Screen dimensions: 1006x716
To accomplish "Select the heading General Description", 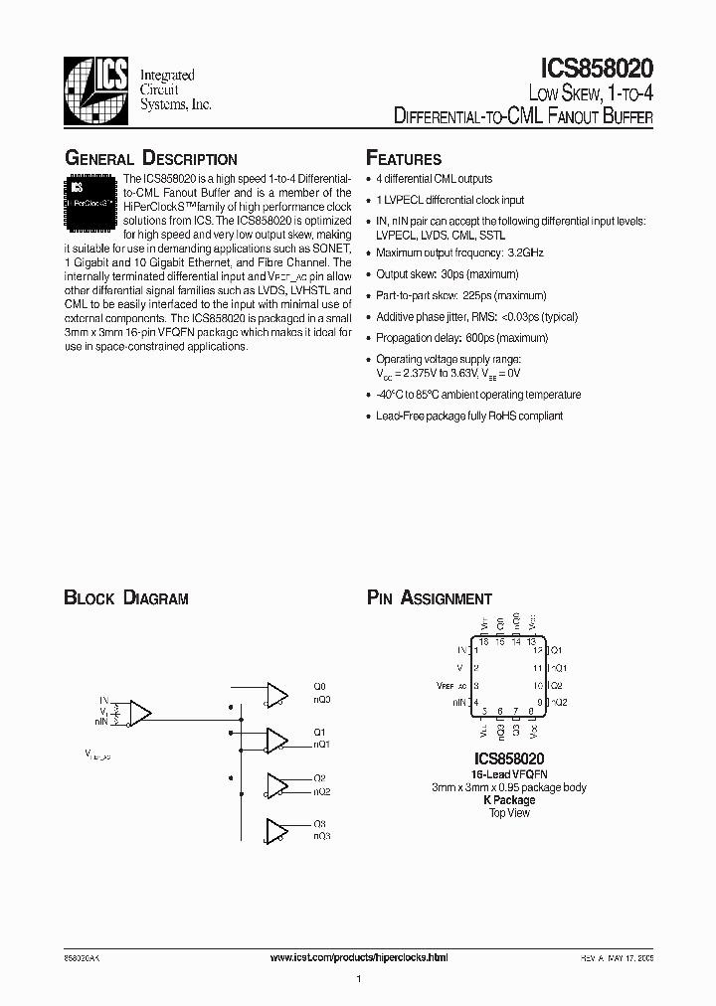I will coord(150,159).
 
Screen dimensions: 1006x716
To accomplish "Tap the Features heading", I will coord(404,159).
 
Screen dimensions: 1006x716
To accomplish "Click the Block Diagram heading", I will coord(126,598).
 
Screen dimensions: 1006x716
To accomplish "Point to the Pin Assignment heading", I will coord(430,598).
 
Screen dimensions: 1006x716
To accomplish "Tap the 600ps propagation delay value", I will coord(475,338).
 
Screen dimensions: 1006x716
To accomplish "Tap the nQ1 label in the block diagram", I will coord(321,744).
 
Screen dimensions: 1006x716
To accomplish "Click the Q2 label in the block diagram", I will coord(320,778).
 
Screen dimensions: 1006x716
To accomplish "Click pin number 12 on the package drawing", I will coord(537,650).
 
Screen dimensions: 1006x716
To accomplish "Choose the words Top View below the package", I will coord(508,813).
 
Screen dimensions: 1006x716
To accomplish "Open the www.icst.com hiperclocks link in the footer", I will coord(360,956).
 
